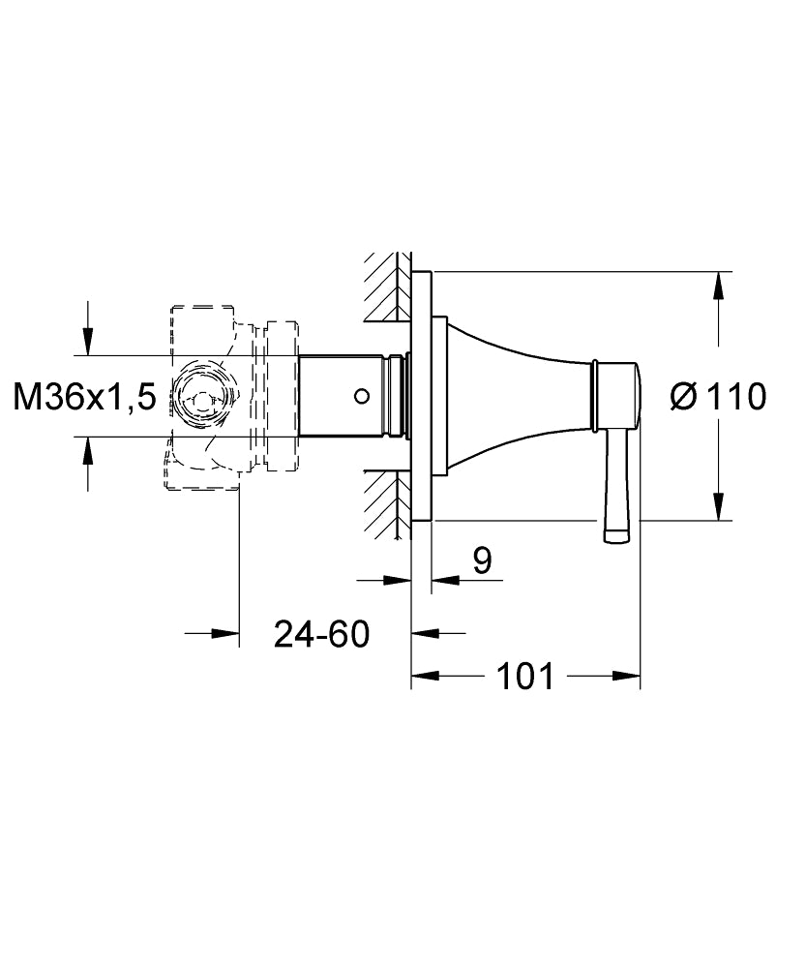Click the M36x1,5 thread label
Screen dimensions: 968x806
click(85, 397)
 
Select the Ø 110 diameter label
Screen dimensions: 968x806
click(718, 396)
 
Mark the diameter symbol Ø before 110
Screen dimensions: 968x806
click(682, 396)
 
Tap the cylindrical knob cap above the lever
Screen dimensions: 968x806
click(615, 397)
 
